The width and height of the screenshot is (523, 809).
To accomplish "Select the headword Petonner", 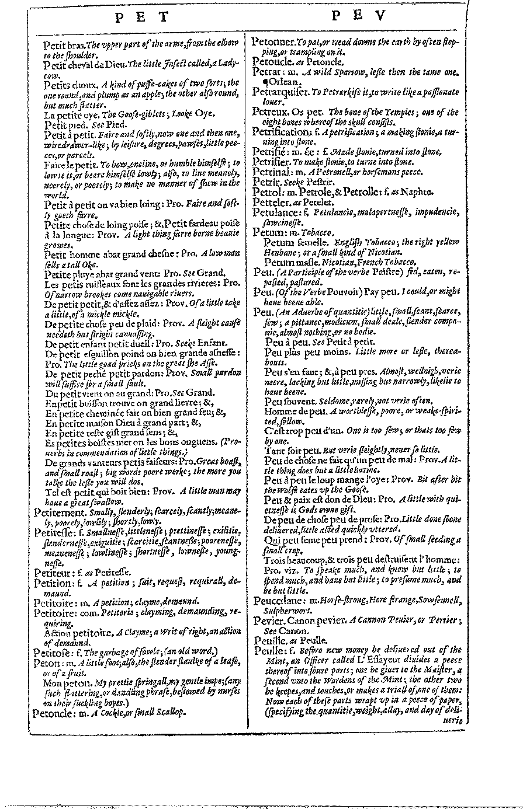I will (x=273, y=42).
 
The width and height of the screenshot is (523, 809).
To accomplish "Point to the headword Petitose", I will (x=51, y=652).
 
